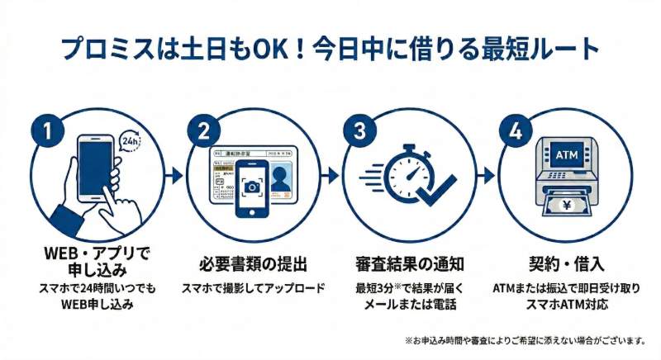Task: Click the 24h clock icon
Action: pyautogui.click(x=131, y=142)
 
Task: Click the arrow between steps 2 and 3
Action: pyautogui.click(x=330, y=174)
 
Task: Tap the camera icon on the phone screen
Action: pyautogui.click(x=254, y=186)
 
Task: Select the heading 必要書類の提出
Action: pyautogui.click(x=254, y=265)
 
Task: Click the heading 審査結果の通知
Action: pyautogui.click(x=409, y=265)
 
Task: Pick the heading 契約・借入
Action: pyautogui.click(x=566, y=265)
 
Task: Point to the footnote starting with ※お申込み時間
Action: pyautogui.click(x=524, y=340)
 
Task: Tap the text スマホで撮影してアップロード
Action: pyautogui.click(x=254, y=288)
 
